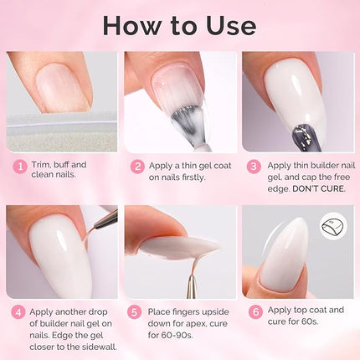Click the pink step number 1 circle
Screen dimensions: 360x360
coord(18,166)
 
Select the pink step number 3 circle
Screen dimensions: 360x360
coord(255,166)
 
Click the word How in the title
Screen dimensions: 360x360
coord(135,24)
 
